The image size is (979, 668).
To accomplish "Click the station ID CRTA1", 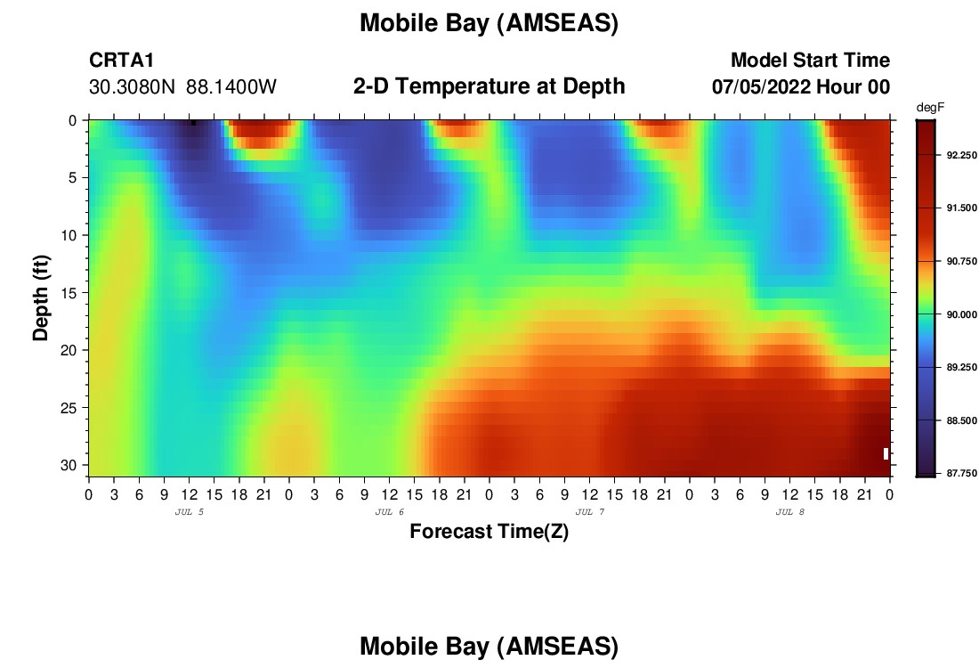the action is pos(121,60).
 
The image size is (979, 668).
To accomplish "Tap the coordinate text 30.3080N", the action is pos(132,87).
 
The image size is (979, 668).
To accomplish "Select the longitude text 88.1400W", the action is pos(231,87).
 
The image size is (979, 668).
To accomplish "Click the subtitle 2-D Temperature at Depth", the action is pos(489,86).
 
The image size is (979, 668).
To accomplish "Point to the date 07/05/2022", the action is pos(761,87).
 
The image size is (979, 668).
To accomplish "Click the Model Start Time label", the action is pos(811,60).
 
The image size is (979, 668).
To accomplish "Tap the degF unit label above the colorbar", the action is pos(930,108).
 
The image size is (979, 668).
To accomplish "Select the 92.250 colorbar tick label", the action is pos(961,155).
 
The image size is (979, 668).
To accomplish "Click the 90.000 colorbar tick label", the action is pos(961,314).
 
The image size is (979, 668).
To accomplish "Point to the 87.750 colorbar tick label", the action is pos(961,473).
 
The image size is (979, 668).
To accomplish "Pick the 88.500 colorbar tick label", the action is pos(961,420).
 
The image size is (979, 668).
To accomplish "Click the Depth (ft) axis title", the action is pos(41,298).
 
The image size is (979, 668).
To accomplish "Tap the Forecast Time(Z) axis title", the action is pos(489,531).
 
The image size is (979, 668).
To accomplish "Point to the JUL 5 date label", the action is pos(190,512).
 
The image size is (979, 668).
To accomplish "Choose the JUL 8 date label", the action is pos(789,512).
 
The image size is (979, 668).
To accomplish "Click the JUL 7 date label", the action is pos(589,512).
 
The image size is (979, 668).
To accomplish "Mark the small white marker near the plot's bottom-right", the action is pos(886,453).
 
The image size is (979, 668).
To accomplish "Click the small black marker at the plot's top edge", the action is pos(193,123).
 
